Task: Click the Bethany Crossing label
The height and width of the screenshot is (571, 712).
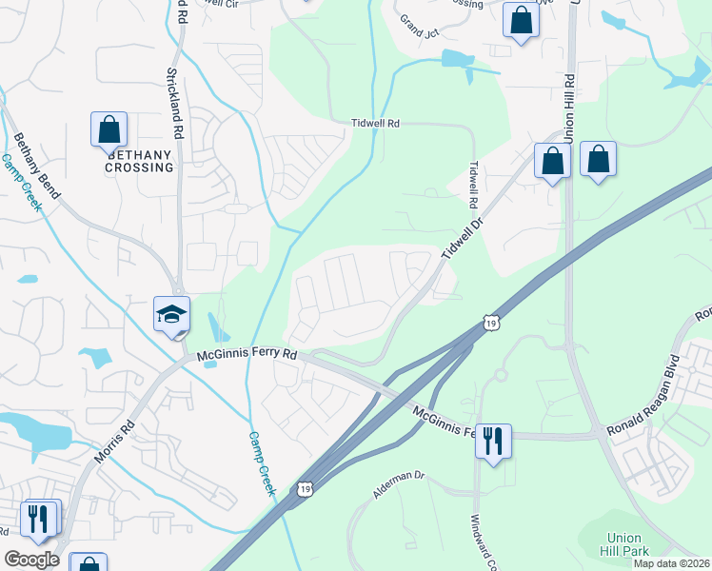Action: pos(140,161)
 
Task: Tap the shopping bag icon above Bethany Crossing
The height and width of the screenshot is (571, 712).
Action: pos(109,129)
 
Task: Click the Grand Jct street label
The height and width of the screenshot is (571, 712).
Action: pos(417,20)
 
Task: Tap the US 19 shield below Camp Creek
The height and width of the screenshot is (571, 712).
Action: pos(304,488)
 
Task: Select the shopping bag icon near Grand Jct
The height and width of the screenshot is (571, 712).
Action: pos(522,21)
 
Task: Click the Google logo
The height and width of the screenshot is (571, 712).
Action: pos(32,560)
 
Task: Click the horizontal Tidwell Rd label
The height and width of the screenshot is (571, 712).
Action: pos(375,124)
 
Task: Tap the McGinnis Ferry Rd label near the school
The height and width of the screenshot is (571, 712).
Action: pos(247,355)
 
